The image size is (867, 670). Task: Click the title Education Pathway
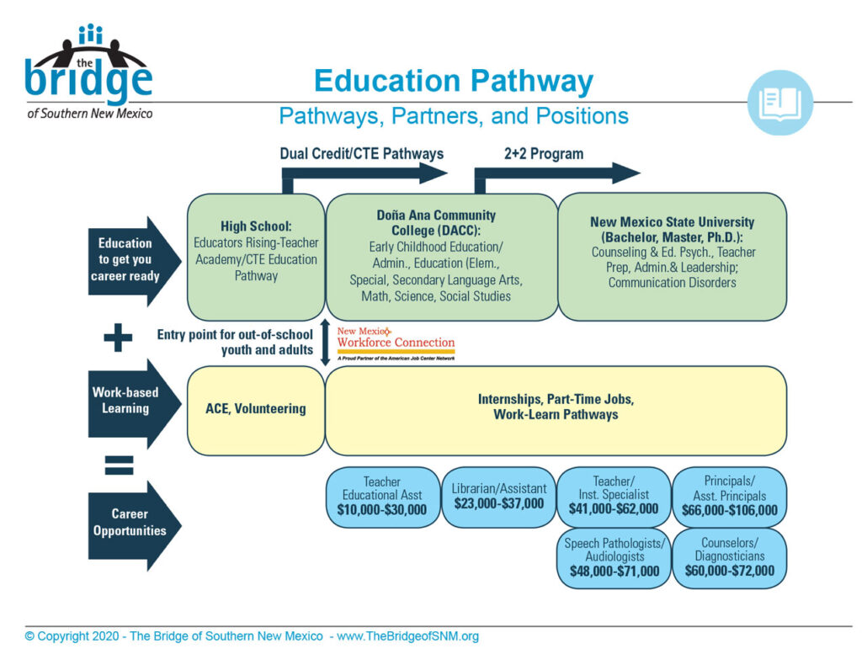tap(453, 82)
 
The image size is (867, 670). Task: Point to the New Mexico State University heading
tap(672, 230)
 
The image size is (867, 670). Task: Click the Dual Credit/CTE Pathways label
tap(361, 154)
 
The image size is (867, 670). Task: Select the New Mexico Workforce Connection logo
tap(396, 343)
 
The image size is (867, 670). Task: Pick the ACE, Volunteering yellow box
tap(256, 410)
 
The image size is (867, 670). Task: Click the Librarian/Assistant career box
tap(498, 497)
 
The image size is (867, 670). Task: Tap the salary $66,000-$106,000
tap(729, 510)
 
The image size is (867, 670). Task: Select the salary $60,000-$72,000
tap(729, 571)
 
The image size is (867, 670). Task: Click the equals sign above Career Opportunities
tap(119, 462)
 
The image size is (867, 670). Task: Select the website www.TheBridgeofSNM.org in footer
tap(407, 637)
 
